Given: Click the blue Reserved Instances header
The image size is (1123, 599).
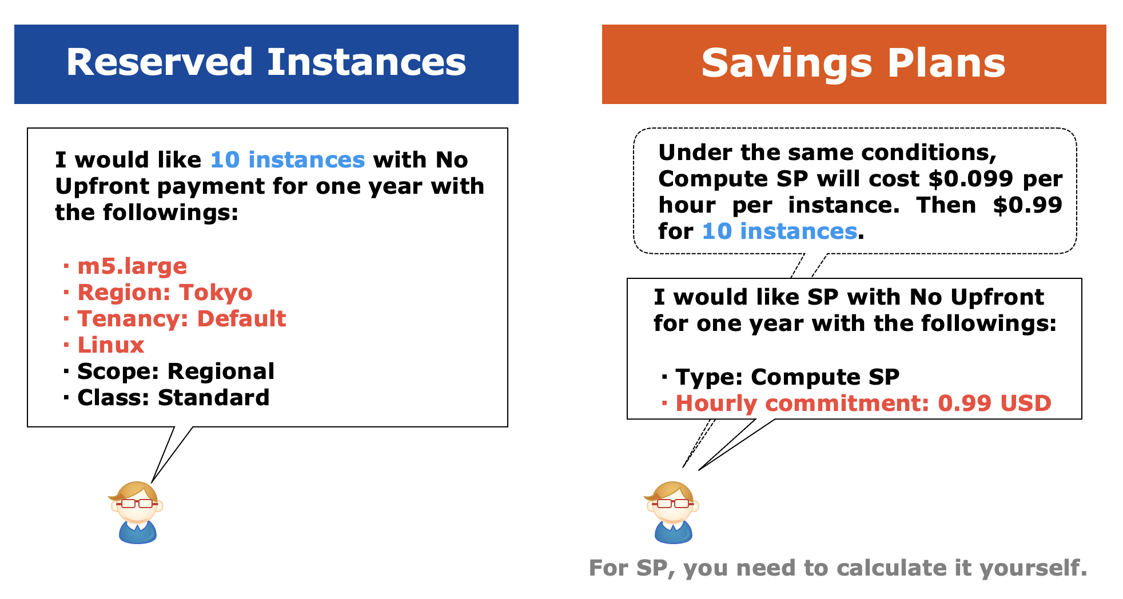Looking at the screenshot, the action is pyautogui.click(x=266, y=64).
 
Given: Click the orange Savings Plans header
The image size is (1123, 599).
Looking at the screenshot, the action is pyautogui.click(x=854, y=64).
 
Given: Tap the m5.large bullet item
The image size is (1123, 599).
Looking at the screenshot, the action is pyautogui.click(x=125, y=266).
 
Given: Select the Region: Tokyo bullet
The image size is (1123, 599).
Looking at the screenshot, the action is pyautogui.click(x=158, y=292).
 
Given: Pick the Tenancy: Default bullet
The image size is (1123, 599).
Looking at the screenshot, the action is pyautogui.click(x=174, y=318).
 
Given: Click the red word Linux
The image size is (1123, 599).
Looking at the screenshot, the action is pyautogui.click(x=111, y=345).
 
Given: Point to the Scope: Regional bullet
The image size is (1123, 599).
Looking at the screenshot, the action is pyautogui.click(x=169, y=372).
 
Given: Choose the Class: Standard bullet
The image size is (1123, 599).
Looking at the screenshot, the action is pyautogui.click(x=166, y=398).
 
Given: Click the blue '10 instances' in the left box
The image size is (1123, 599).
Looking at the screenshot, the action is pyautogui.click(x=288, y=160).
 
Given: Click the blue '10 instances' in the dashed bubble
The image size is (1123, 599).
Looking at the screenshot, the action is pyautogui.click(x=779, y=231).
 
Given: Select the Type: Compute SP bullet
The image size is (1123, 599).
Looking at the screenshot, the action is pyautogui.click(x=780, y=377).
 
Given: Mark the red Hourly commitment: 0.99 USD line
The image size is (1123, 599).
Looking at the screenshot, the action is pyautogui.click(x=856, y=404).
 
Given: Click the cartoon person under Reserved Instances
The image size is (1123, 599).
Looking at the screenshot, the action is pyautogui.click(x=136, y=512).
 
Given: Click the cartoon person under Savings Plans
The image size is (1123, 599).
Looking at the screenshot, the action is pyautogui.click(x=672, y=512).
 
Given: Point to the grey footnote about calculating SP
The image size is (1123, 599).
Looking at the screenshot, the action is pyautogui.click(x=838, y=568).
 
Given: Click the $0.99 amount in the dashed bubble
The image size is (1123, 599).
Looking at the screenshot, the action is pyautogui.click(x=1028, y=205).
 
